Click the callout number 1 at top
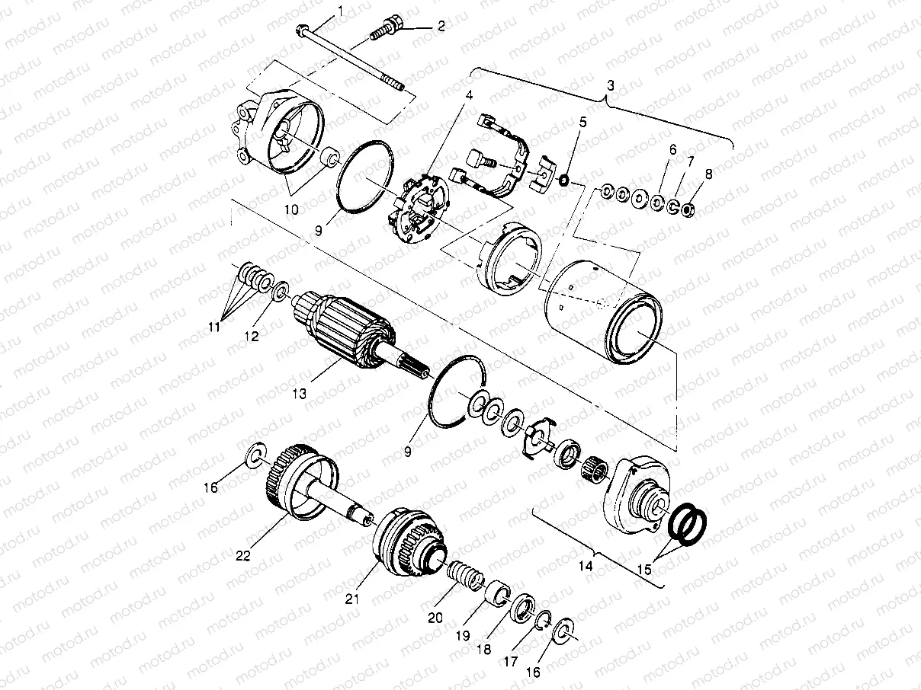pyautogui.click(x=340, y=10)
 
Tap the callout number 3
pyautogui.click(x=610, y=87)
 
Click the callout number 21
pyautogui.click(x=351, y=599)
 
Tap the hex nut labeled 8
pyautogui.click(x=687, y=208)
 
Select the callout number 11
pyautogui.click(x=216, y=327)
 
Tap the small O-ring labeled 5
pyautogui.click(x=562, y=180)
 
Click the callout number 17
pyautogui.click(x=510, y=662)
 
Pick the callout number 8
pyautogui.click(x=709, y=174)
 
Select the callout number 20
pyautogui.click(x=435, y=618)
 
